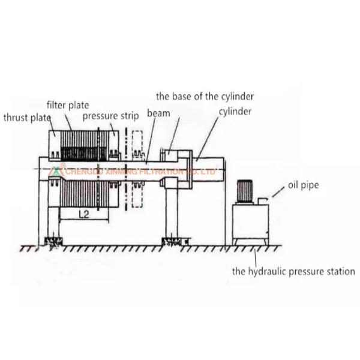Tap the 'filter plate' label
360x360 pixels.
click(68, 105)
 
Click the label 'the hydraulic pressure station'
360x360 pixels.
click(293, 271)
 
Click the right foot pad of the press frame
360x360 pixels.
click(173, 242)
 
